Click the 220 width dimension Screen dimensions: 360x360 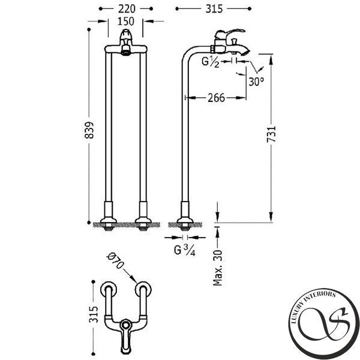click(127, 9)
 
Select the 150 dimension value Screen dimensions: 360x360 click(126, 22)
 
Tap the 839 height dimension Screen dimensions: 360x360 click(89, 130)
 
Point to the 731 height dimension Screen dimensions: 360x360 click(271, 134)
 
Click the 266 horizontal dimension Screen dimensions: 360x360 click(216, 98)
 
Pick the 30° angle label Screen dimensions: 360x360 click(256, 82)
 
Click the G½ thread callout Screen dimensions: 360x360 click(211, 62)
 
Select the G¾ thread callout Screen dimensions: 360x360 click(185, 250)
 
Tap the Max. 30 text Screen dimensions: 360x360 click(218, 268)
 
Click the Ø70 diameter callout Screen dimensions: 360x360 click(115, 261)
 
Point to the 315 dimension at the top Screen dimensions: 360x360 click(214, 9)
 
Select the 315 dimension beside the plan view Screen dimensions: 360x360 click(94, 314)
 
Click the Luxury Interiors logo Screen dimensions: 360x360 click(324, 324)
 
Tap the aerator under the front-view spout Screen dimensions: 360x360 click(125, 50)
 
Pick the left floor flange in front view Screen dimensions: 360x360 click(109, 220)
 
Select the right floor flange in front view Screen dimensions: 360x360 click(143, 220)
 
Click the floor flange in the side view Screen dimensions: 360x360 click(185, 220)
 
